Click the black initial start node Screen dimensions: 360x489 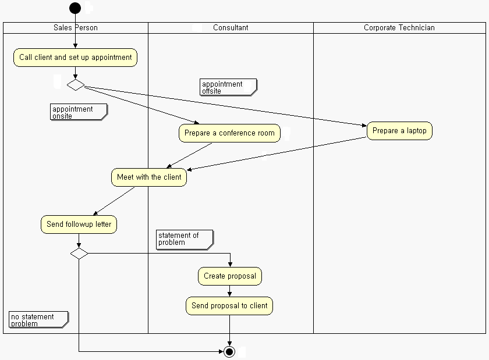point(75,8)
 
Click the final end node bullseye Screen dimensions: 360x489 point(229,352)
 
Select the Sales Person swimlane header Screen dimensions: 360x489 point(76,27)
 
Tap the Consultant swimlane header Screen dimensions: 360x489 point(231,27)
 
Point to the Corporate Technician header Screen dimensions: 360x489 point(399,27)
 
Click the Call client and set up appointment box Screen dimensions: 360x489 point(76,58)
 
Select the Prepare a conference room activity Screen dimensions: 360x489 point(229,133)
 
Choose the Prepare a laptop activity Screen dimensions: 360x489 point(399,131)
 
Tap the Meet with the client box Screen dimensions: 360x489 point(149,177)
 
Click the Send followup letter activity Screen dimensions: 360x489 point(79,224)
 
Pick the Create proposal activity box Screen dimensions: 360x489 point(230,276)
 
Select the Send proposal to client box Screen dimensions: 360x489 point(229,306)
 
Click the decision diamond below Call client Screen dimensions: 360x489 point(76,85)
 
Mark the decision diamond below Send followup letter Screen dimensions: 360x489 point(79,253)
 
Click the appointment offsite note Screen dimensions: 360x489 point(228,87)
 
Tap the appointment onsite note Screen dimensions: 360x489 point(78,112)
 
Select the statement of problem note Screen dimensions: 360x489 point(184,239)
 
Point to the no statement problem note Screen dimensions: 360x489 point(38,320)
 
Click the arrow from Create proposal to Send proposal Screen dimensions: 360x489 point(230,291)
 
